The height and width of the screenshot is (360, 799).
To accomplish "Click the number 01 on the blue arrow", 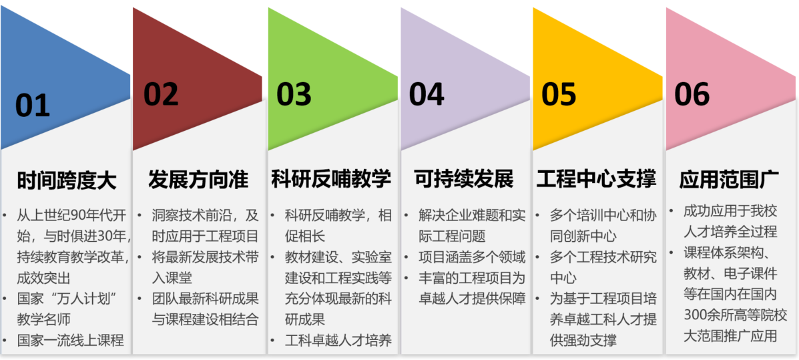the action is coord(33,105).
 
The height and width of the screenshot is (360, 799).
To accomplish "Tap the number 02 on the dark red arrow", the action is coord(161,94).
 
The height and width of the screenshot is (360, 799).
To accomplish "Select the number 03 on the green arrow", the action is coord(294,94).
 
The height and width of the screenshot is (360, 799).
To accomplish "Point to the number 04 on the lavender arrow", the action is coord(427,94).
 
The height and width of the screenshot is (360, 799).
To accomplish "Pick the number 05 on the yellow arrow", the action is coord(559,94).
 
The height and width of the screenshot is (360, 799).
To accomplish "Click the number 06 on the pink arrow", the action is coord(692,94).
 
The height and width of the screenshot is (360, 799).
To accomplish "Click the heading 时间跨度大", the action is coord(67,180).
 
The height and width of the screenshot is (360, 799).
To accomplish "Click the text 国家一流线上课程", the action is coord(70,340).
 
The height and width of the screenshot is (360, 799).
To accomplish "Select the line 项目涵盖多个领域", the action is coord(472,256).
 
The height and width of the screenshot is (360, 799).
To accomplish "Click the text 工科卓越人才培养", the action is coord(338,340).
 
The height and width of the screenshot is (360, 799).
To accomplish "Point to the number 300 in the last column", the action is coord(696,315).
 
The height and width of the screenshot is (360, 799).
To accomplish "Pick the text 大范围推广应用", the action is coord(730,336).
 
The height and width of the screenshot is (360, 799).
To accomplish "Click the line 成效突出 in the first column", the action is coord(43,277).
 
